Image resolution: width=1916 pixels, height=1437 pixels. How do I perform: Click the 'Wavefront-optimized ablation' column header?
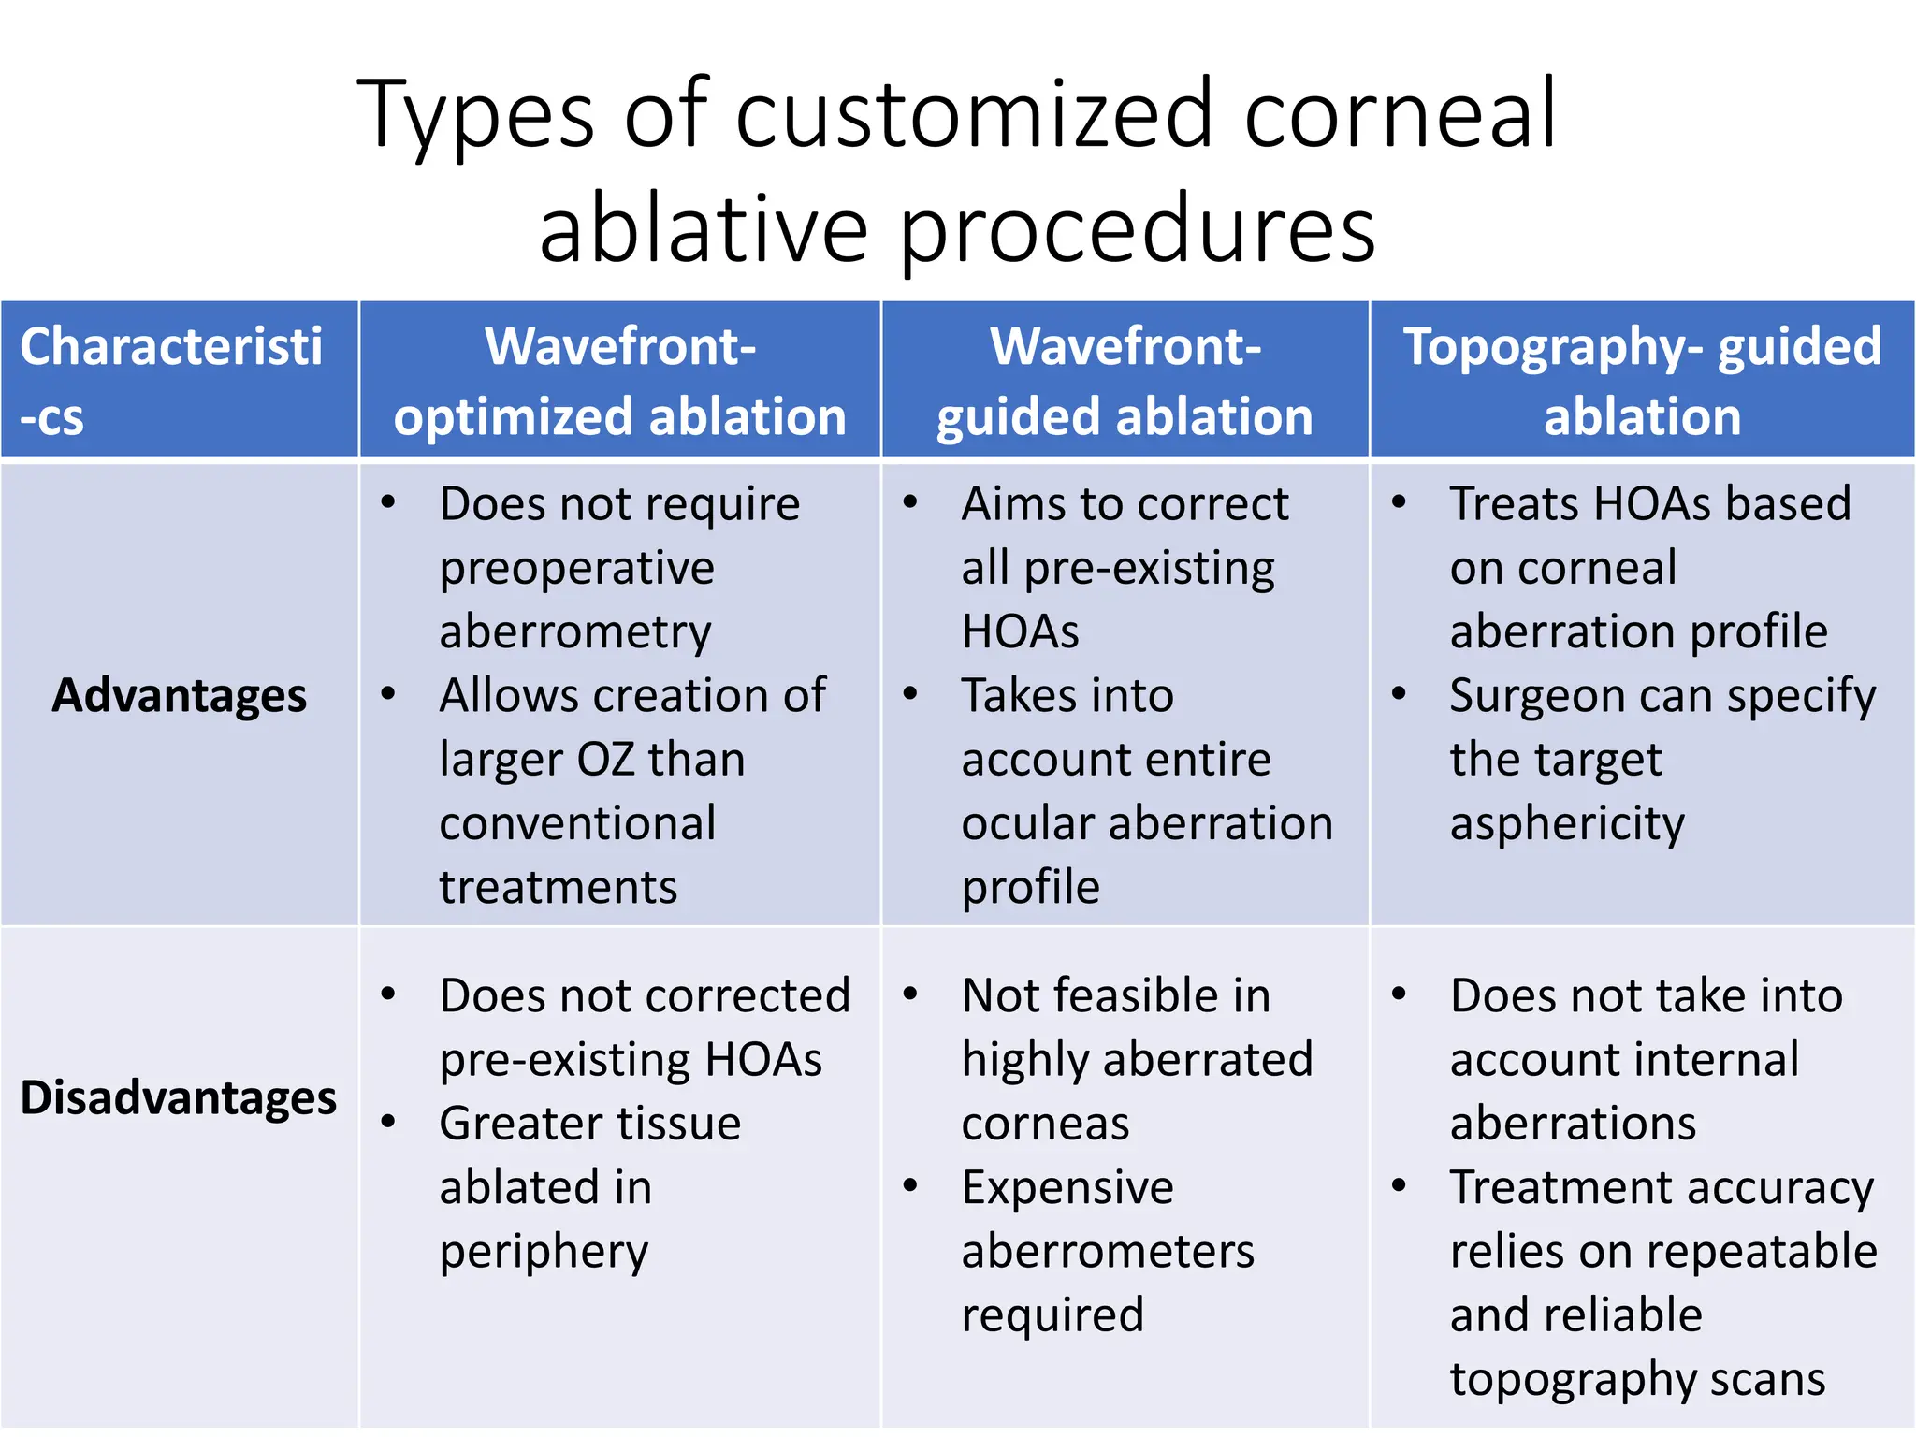coord(619,380)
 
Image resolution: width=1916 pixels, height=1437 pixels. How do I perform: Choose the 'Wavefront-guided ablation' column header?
coord(1125,380)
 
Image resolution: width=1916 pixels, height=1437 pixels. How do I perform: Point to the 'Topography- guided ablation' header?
coord(1642,380)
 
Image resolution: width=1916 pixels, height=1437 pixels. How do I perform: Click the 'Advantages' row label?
coord(179,695)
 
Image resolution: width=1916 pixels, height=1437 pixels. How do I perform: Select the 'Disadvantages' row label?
coord(179,1096)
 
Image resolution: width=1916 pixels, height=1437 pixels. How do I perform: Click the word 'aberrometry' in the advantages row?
coord(575,632)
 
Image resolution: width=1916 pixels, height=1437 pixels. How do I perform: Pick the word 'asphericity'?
coord(1567,824)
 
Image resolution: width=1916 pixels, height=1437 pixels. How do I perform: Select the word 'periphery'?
coord(544,1252)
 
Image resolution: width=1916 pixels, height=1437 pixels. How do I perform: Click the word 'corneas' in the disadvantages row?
coord(1045,1124)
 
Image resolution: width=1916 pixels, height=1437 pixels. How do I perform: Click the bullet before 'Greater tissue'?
coord(388,1122)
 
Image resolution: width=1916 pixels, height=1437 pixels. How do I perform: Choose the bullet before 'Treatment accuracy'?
coord(1399,1186)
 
